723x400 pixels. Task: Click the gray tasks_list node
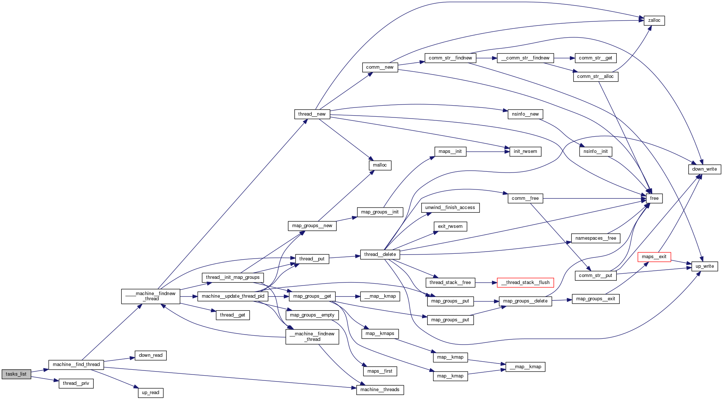16,374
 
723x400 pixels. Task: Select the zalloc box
654,21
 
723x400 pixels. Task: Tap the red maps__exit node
654,257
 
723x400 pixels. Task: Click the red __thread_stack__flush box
525,283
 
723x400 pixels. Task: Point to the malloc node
380,165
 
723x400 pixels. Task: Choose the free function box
654,198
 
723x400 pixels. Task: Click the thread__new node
312,114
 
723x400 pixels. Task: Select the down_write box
704,169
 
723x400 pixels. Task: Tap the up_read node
151,393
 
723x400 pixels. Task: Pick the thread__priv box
76,383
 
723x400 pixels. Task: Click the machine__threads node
380,390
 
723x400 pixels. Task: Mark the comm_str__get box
595,58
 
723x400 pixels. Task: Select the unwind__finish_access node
450,208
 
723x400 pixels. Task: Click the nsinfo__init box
595,151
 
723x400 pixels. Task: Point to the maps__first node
380,371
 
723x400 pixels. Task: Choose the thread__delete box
380,254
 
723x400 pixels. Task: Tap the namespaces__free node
595,238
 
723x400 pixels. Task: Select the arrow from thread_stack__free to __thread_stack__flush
486,283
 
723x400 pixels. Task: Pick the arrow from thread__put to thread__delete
345,257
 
